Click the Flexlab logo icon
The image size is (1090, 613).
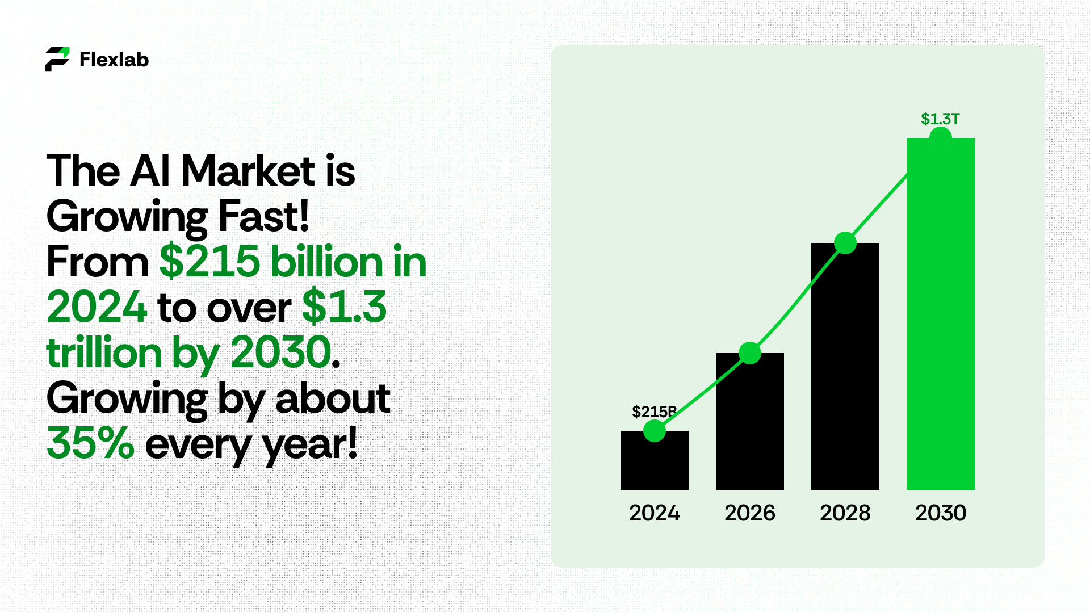(x=57, y=59)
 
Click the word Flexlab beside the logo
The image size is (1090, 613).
(x=114, y=60)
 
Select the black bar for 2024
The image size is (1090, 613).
(x=655, y=460)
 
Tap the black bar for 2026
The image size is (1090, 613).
(x=750, y=421)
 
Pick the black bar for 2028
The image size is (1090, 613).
(x=845, y=366)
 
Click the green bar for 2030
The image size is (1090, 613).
(x=941, y=314)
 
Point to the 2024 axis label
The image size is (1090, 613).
(x=655, y=513)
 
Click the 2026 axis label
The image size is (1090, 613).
(x=750, y=513)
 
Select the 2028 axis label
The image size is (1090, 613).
(x=845, y=513)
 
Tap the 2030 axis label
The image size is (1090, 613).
(x=941, y=513)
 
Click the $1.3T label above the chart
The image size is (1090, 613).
(x=940, y=119)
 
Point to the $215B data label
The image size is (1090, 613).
(x=654, y=412)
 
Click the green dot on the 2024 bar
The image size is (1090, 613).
(x=655, y=431)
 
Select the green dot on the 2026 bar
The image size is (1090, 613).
(x=750, y=353)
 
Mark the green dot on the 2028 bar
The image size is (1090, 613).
(x=845, y=243)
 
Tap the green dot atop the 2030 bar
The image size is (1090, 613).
(x=941, y=136)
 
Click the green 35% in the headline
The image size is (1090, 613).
(x=90, y=443)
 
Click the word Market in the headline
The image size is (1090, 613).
(x=248, y=170)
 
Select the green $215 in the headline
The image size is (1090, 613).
(x=210, y=262)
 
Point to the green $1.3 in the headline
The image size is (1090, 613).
(x=344, y=307)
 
